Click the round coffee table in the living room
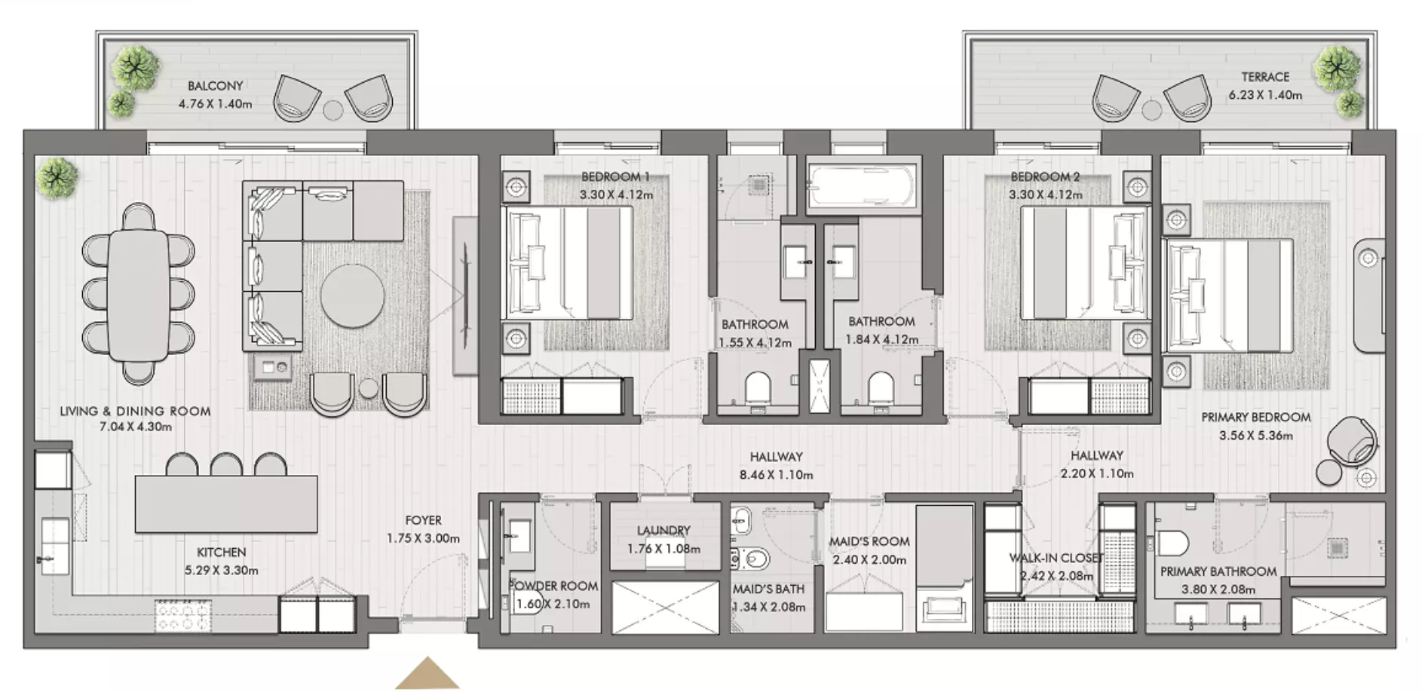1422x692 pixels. click(352, 295)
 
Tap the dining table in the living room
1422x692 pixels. click(139, 295)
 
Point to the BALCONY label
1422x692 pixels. click(216, 86)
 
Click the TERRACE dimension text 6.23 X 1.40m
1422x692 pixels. click(1265, 95)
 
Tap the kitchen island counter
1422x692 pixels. click(226, 504)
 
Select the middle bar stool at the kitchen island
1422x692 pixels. click(225, 464)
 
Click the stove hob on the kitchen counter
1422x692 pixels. click(182, 614)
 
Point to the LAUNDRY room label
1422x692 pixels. click(663, 531)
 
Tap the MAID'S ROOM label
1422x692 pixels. click(869, 541)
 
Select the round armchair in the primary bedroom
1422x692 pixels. click(1352, 441)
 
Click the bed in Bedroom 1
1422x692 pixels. click(568, 263)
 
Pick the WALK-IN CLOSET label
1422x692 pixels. click(1056, 558)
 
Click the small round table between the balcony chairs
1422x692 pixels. click(333, 110)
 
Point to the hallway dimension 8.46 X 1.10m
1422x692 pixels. click(776, 475)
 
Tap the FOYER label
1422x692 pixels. click(423, 520)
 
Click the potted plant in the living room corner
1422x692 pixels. click(57, 178)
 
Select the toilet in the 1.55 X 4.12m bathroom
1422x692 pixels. click(758, 389)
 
